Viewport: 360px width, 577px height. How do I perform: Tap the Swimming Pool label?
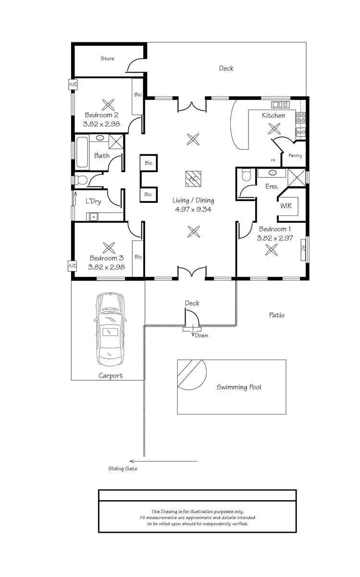(239, 387)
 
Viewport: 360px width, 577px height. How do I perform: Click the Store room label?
(108, 59)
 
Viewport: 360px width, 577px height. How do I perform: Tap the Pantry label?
(295, 156)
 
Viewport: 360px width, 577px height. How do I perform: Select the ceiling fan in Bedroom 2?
(109, 104)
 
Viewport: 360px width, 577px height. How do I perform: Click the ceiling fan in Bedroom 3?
(109, 248)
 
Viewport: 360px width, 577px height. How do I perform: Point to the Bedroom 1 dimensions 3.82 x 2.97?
(275, 238)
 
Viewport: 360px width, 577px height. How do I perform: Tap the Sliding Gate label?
(123, 468)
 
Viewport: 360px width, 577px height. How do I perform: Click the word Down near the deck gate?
(202, 335)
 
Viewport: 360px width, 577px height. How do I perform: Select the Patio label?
(276, 315)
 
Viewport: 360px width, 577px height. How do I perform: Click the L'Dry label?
(93, 201)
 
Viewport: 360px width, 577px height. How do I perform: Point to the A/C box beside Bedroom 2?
(73, 85)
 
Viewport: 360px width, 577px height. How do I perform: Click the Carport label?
(111, 376)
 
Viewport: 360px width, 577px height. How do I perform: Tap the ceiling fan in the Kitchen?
(275, 128)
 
